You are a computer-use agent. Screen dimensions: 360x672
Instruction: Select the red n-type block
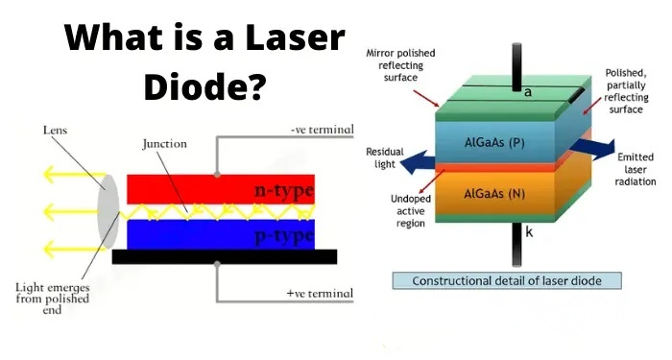[x=220, y=190]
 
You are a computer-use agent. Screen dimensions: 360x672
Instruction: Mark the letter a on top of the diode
[x=527, y=92]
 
